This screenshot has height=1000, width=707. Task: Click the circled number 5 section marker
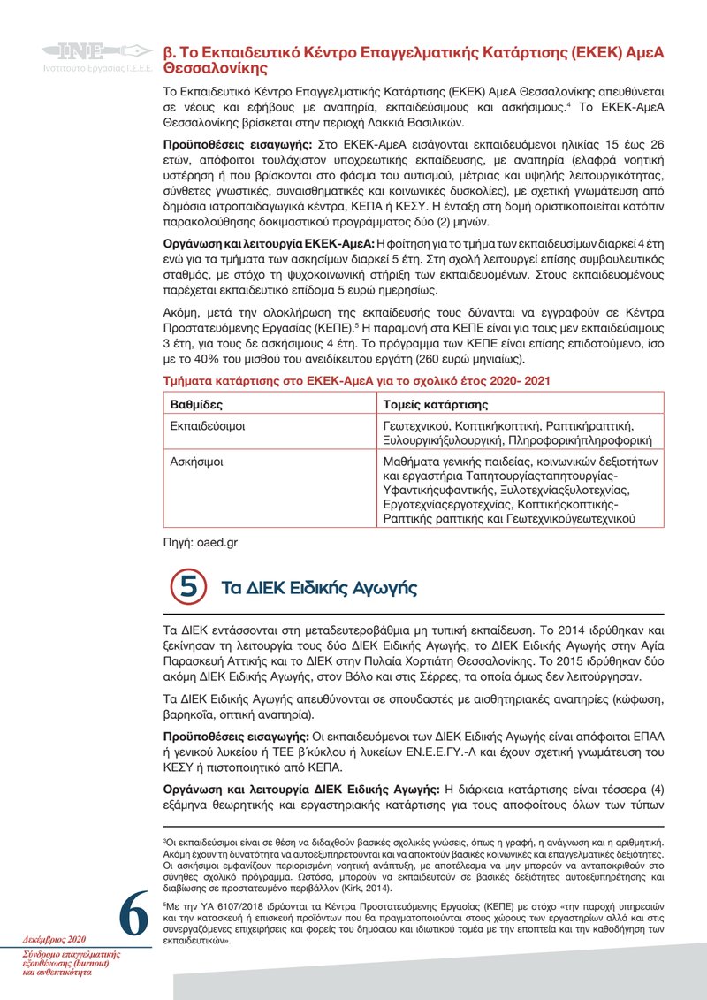[187, 588]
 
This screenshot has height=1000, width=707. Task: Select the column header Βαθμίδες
[196, 404]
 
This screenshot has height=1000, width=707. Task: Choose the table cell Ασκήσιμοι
[196, 461]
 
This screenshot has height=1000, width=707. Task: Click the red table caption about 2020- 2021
[360, 380]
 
